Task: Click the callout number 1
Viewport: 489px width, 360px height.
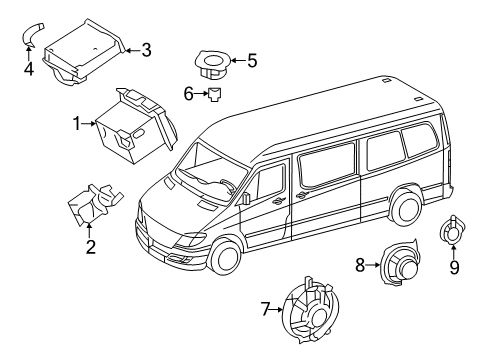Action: [75, 124]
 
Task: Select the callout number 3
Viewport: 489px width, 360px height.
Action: [146, 49]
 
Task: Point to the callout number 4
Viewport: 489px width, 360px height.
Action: [28, 69]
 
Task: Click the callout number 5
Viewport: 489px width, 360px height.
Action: [251, 61]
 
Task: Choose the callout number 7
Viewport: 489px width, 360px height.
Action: [264, 310]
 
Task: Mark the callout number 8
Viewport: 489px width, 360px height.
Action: [359, 265]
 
